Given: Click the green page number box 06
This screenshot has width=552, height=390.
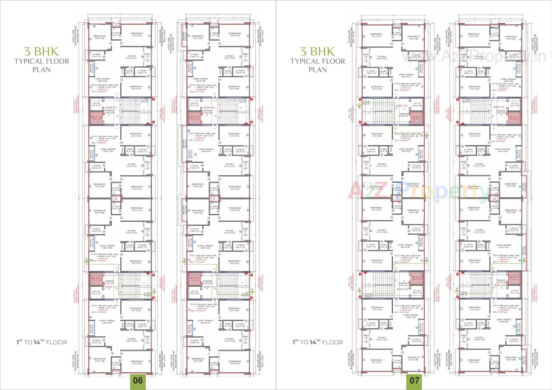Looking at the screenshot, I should pos(138,381).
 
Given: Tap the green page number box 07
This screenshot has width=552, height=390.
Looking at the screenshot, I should pos(414,381).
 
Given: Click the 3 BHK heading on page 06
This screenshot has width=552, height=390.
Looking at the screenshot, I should pos(41,51).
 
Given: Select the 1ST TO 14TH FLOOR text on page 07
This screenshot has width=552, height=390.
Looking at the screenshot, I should pos(318,342).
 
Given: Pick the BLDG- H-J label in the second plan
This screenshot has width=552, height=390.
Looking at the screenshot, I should pos(209,287).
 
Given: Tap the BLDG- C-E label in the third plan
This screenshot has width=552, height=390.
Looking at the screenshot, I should pos(401,106).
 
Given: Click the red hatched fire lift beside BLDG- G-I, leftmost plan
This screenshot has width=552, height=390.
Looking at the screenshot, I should pos(97,118).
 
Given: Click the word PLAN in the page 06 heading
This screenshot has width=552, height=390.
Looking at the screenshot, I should pos(41,70).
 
